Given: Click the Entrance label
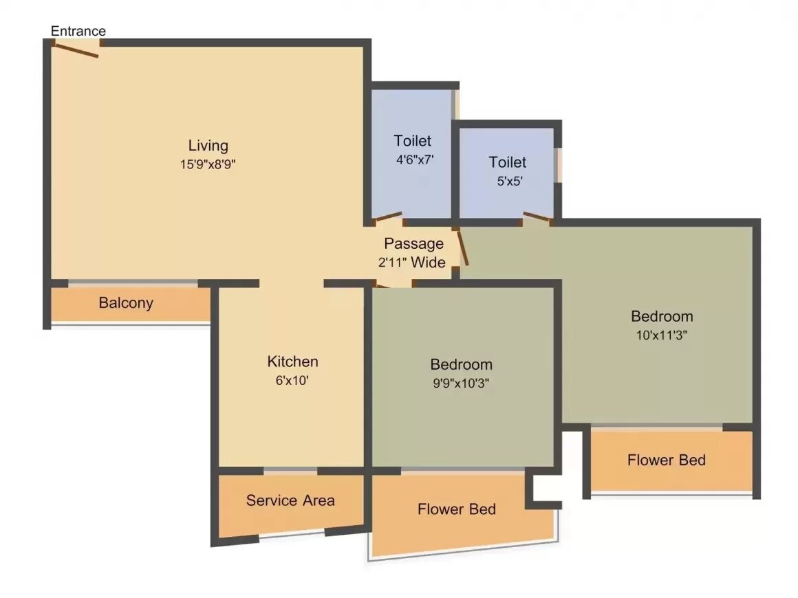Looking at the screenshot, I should (78, 31).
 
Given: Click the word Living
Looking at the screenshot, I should (208, 146).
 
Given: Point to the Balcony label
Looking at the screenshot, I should (126, 303).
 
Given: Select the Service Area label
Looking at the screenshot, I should (290, 500).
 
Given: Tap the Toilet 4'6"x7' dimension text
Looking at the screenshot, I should (412, 159).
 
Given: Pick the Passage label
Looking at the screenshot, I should (413, 244).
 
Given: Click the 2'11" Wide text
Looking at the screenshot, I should (411, 262).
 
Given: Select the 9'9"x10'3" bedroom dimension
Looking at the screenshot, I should (461, 382).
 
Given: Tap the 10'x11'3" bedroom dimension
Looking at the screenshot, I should (662, 335).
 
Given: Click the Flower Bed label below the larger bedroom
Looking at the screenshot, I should (666, 460).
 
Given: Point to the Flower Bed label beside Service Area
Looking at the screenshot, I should (456, 509).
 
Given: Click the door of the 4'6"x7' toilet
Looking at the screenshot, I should (388, 219).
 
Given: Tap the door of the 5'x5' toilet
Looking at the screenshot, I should (537, 218).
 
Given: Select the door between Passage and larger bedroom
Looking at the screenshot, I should (463, 247).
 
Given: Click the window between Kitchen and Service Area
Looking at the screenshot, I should (290, 472).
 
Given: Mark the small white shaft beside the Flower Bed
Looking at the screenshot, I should (545, 490).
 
